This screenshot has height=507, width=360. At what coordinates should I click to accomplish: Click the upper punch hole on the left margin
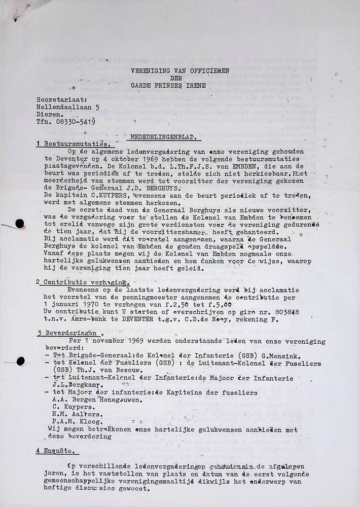tap(20, 224)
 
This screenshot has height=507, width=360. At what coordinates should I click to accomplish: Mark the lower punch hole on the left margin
tap(20, 361)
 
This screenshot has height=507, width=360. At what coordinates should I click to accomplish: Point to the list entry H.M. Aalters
tap(73, 414)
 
